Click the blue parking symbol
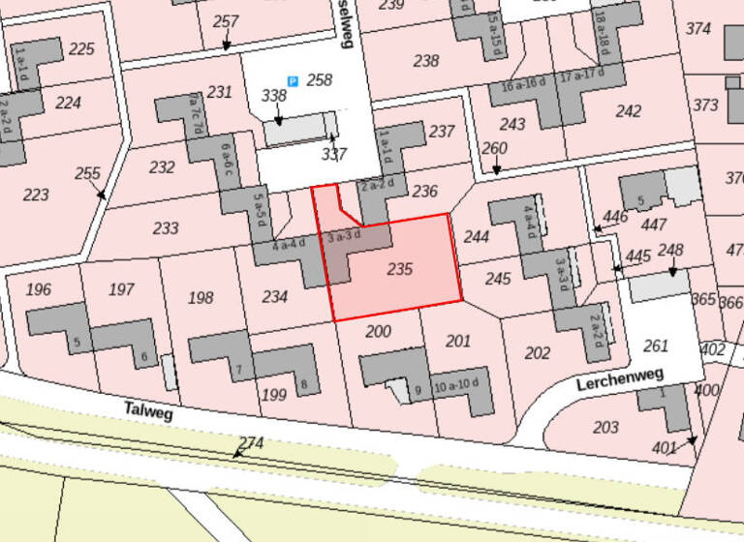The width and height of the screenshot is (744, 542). coord(292,82)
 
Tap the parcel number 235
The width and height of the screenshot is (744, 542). coord(399,268)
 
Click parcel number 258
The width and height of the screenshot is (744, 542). coord(319,79)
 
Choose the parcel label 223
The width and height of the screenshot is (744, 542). coord(35,195)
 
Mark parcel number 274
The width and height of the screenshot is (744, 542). coord(251,442)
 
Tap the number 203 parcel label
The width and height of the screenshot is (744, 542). coord(605,427)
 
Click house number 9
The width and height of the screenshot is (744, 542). coord(418,391)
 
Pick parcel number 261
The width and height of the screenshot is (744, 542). coord(656,346)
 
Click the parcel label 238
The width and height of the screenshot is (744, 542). coord(425,61)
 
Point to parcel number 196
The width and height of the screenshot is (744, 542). coord(39,289)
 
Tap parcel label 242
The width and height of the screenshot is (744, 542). coord(628,111)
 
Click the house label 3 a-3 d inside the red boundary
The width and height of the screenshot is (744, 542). coord(344,235)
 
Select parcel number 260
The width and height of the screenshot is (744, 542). coord(494,148)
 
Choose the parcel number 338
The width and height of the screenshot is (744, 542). coord(274,95)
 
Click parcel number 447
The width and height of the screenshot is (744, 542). coord(655,225)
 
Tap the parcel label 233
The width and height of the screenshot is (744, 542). coord(166,228)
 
